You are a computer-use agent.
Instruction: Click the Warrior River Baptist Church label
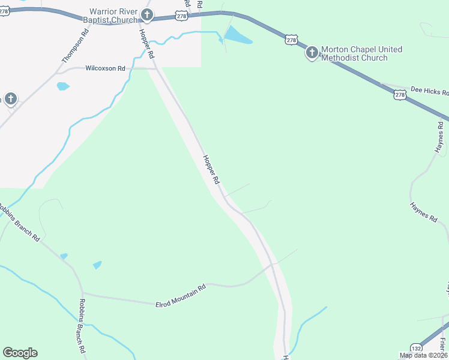click(x=113, y=16)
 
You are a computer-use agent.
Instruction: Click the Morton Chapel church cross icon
click(x=312, y=53)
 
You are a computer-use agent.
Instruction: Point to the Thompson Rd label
click(x=76, y=47)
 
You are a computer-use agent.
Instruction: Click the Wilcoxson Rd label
click(x=105, y=68)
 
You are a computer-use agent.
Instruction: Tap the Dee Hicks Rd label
click(x=429, y=91)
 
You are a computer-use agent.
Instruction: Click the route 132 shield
click(x=416, y=348)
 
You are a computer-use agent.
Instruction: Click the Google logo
click(x=20, y=353)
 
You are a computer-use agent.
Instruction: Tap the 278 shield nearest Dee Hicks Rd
click(x=400, y=95)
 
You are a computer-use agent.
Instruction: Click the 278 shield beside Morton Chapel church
click(x=291, y=40)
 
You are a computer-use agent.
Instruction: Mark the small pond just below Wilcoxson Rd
click(x=62, y=86)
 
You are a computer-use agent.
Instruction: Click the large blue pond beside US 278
click(x=238, y=35)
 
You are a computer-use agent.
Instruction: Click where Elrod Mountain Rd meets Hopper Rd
click(x=273, y=264)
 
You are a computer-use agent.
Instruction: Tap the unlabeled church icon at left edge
click(x=10, y=98)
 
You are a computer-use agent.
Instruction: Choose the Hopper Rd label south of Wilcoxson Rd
click(x=211, y=170)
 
